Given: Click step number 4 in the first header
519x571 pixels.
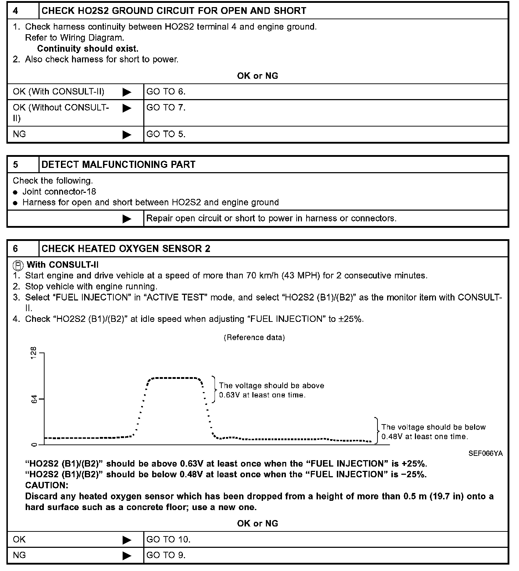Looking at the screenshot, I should pos(16,11).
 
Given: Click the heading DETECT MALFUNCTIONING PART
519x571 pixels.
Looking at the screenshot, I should pos(118,165).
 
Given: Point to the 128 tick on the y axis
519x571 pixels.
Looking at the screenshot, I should pos(34,353).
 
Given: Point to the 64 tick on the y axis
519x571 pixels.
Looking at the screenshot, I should pos(34,399).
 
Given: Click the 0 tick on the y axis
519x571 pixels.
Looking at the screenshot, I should pos(34,444).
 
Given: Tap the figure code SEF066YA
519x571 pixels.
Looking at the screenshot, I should pos(486,454).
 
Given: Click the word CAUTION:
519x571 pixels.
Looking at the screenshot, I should pos(47,485).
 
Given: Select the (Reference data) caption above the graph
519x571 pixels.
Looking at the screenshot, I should pos(254,338).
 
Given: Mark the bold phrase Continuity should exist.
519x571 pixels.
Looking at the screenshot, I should pos(88,48).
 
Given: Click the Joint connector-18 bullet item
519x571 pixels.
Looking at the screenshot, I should pos(59,192).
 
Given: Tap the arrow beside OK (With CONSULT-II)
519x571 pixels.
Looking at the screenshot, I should pos(127,92).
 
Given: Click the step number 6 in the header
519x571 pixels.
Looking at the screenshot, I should pos(16,249).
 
